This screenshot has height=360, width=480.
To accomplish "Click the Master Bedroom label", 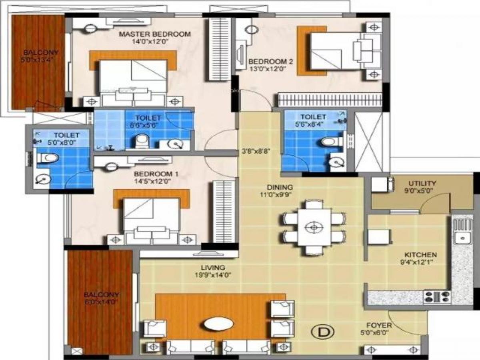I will pyautogui.click(x=155, y=34).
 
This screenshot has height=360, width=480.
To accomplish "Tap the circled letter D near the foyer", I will pyautogui.click(x=326, y=332).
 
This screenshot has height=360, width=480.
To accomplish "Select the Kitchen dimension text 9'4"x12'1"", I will pyautogui.click(x=420, y=262).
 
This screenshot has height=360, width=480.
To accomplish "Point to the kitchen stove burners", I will pyautogui.click(x=437, y=296).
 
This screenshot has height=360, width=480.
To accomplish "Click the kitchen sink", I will pyautogui.click(x=463, y=238).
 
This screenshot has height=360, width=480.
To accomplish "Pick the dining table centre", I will pyautogui.click(x=314, y=227).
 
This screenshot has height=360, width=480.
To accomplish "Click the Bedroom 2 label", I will pyautogui.click(x=271, y=61).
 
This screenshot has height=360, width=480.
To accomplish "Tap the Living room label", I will pyautogui.click(x=214, y=267).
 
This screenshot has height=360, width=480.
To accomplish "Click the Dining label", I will pyautogui.click(x=280, y=187).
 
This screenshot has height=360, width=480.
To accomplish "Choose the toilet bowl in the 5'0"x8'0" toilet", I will pyautogui.click(x=48, y=158).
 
